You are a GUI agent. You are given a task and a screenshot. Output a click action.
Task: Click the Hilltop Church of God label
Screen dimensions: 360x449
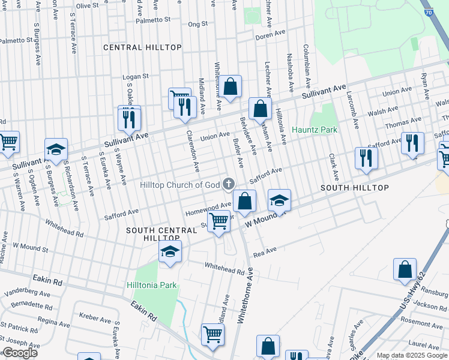(180, 185)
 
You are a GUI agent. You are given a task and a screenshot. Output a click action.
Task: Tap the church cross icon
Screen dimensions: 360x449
(228, 184)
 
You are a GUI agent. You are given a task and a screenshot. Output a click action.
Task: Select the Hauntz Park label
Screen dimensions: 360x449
(315, 130)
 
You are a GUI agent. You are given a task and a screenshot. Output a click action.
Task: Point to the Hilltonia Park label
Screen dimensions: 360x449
(152, 285)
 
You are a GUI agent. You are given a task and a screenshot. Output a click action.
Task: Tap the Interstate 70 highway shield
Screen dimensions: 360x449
(427, 11)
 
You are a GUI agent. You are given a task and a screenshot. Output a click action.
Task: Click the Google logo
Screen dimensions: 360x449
(20, 353)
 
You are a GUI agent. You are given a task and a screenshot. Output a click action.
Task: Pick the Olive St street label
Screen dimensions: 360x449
(87, 5)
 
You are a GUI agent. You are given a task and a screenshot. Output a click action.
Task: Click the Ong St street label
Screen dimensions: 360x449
(197, 25)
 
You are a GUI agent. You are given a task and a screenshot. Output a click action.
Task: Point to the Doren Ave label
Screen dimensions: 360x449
(266, 37)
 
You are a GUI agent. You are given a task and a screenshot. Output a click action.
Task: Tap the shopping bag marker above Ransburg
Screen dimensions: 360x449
(405, 268)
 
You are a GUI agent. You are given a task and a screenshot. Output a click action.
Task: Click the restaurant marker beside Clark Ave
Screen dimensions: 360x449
(366, 158)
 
